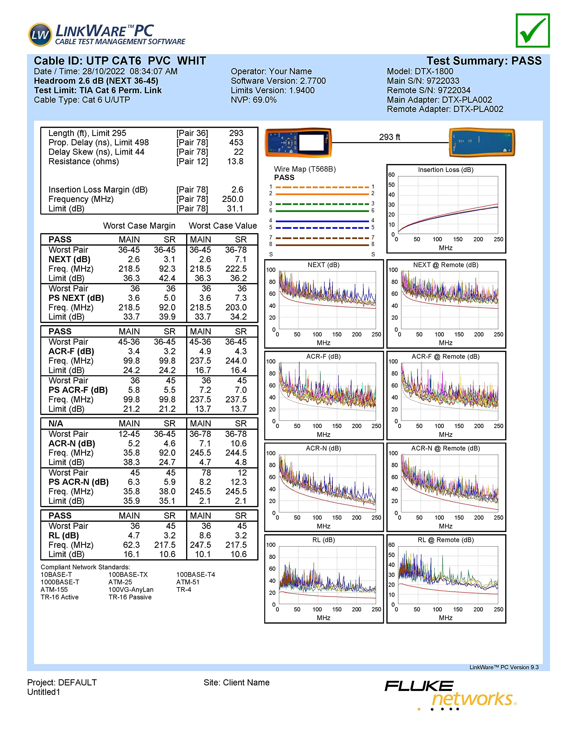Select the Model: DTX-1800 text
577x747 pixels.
420,71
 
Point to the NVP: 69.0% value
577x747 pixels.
253,100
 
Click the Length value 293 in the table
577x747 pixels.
236,133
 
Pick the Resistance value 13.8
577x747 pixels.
235,161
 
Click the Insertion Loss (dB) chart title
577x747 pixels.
445,170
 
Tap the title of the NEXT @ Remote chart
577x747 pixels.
445,265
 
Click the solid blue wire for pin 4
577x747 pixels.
322,221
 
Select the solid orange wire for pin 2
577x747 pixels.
322,194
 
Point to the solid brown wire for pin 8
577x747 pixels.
322,245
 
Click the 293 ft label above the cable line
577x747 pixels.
389,137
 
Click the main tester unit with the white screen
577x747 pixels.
298,142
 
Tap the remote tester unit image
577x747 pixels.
482,142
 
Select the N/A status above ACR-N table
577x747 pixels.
56,423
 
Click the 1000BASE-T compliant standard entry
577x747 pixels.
60,582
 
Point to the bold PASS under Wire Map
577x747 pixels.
284,177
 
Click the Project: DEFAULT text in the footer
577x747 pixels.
62,682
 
